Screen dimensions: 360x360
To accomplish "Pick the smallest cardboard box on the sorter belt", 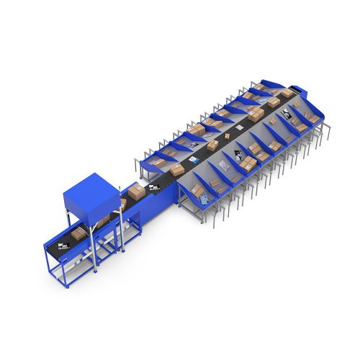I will pyautogui.click(x=228, y=135).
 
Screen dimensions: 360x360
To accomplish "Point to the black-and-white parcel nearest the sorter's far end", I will pyautogui.click(x=287, y=112).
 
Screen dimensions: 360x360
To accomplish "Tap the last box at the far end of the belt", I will pyautogui.click(x=285, y=93).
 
